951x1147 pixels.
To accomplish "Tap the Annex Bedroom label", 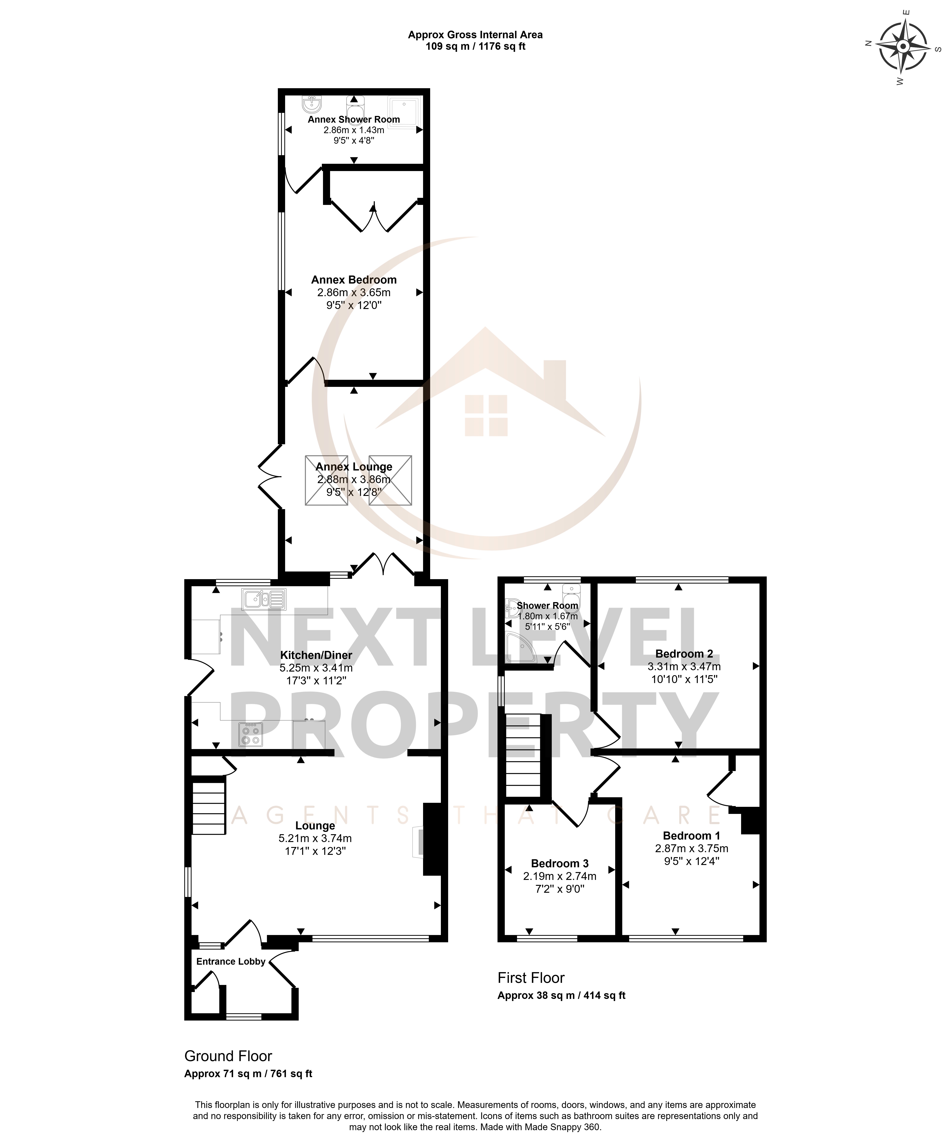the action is (x=354, y=280).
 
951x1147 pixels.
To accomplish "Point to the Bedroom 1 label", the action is (x=692, y=836).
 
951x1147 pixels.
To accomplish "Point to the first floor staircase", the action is (x=523, y=756).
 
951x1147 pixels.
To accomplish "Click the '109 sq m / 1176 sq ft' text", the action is (x=475, y=46).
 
